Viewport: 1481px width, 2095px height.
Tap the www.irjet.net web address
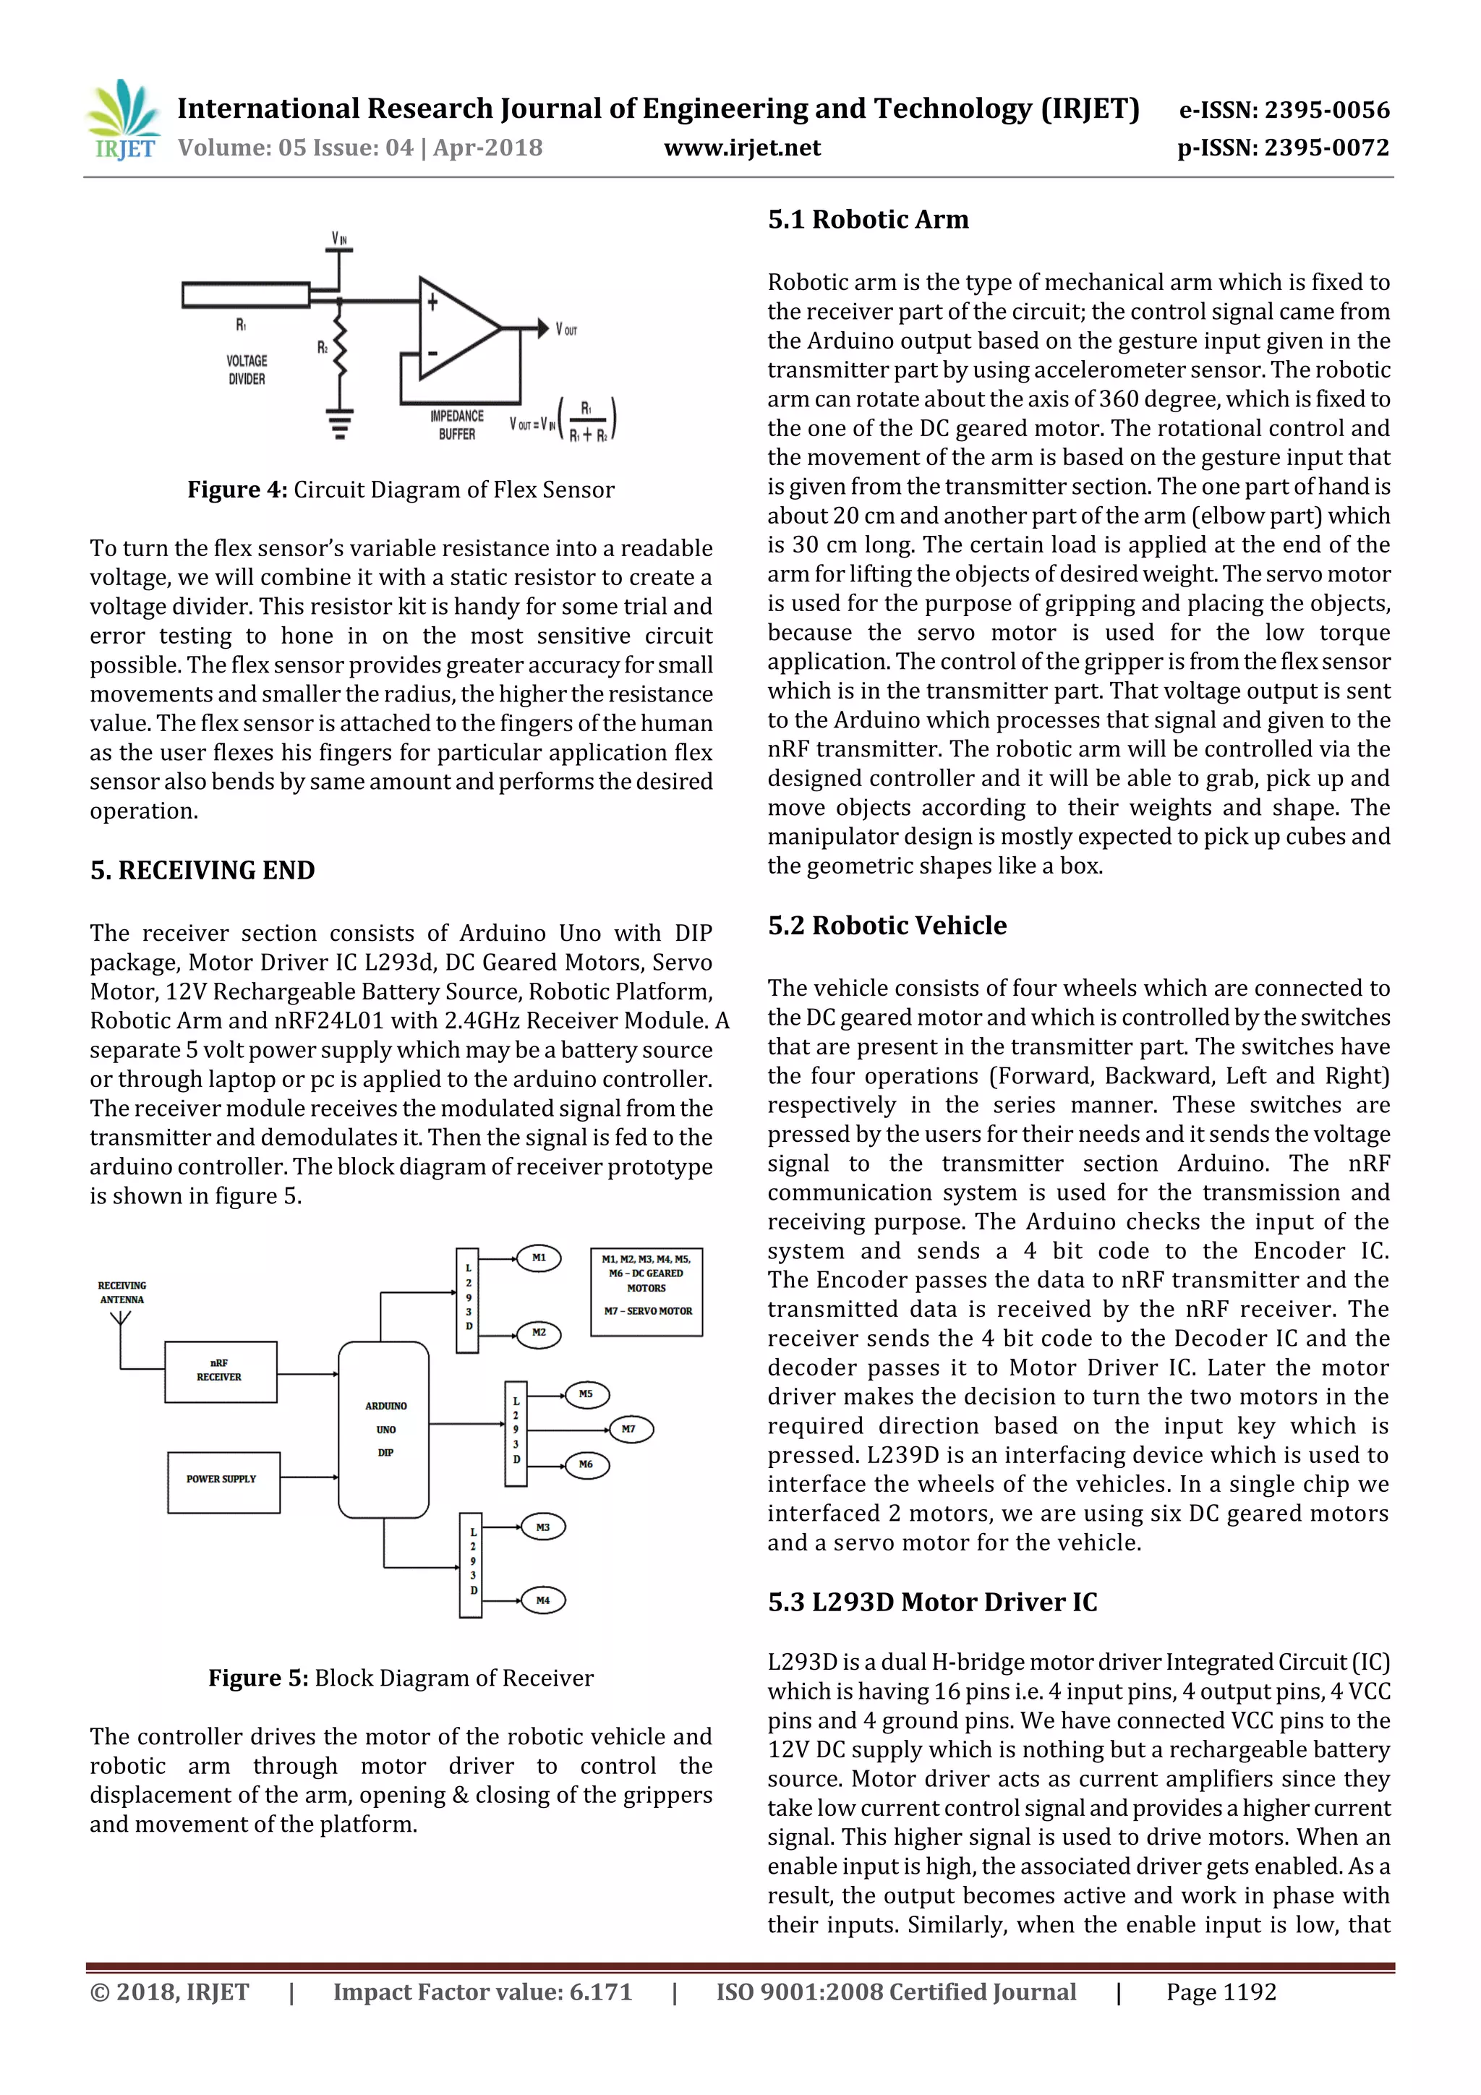[x=741, y=148]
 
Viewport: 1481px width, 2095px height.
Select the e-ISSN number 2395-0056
[x=1284, y=111]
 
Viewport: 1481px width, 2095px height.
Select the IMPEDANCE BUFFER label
[x=456, y=425]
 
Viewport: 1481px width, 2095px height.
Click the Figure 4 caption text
[x=401, y=490]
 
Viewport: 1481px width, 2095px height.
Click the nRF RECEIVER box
[x=220, y=1371]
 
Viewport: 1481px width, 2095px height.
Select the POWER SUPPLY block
[x=223, y=1482]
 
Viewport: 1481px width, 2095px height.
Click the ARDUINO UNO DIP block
[x=384, y=1429]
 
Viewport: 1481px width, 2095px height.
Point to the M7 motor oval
[x=628, y=1429]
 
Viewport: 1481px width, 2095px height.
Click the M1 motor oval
[x=539, y=1258]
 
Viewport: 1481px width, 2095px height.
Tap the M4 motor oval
[x=543, y=1600]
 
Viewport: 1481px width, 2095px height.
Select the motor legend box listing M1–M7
[x=646, y=1291]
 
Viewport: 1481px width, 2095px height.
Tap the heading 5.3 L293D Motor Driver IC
[x=931, y=1603]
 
